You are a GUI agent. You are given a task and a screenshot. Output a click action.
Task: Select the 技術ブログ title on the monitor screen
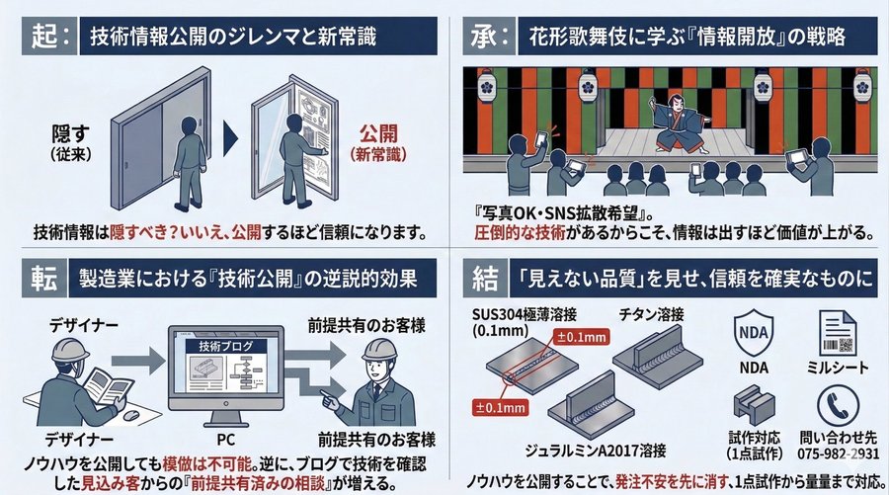click(x=225, y=346)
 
